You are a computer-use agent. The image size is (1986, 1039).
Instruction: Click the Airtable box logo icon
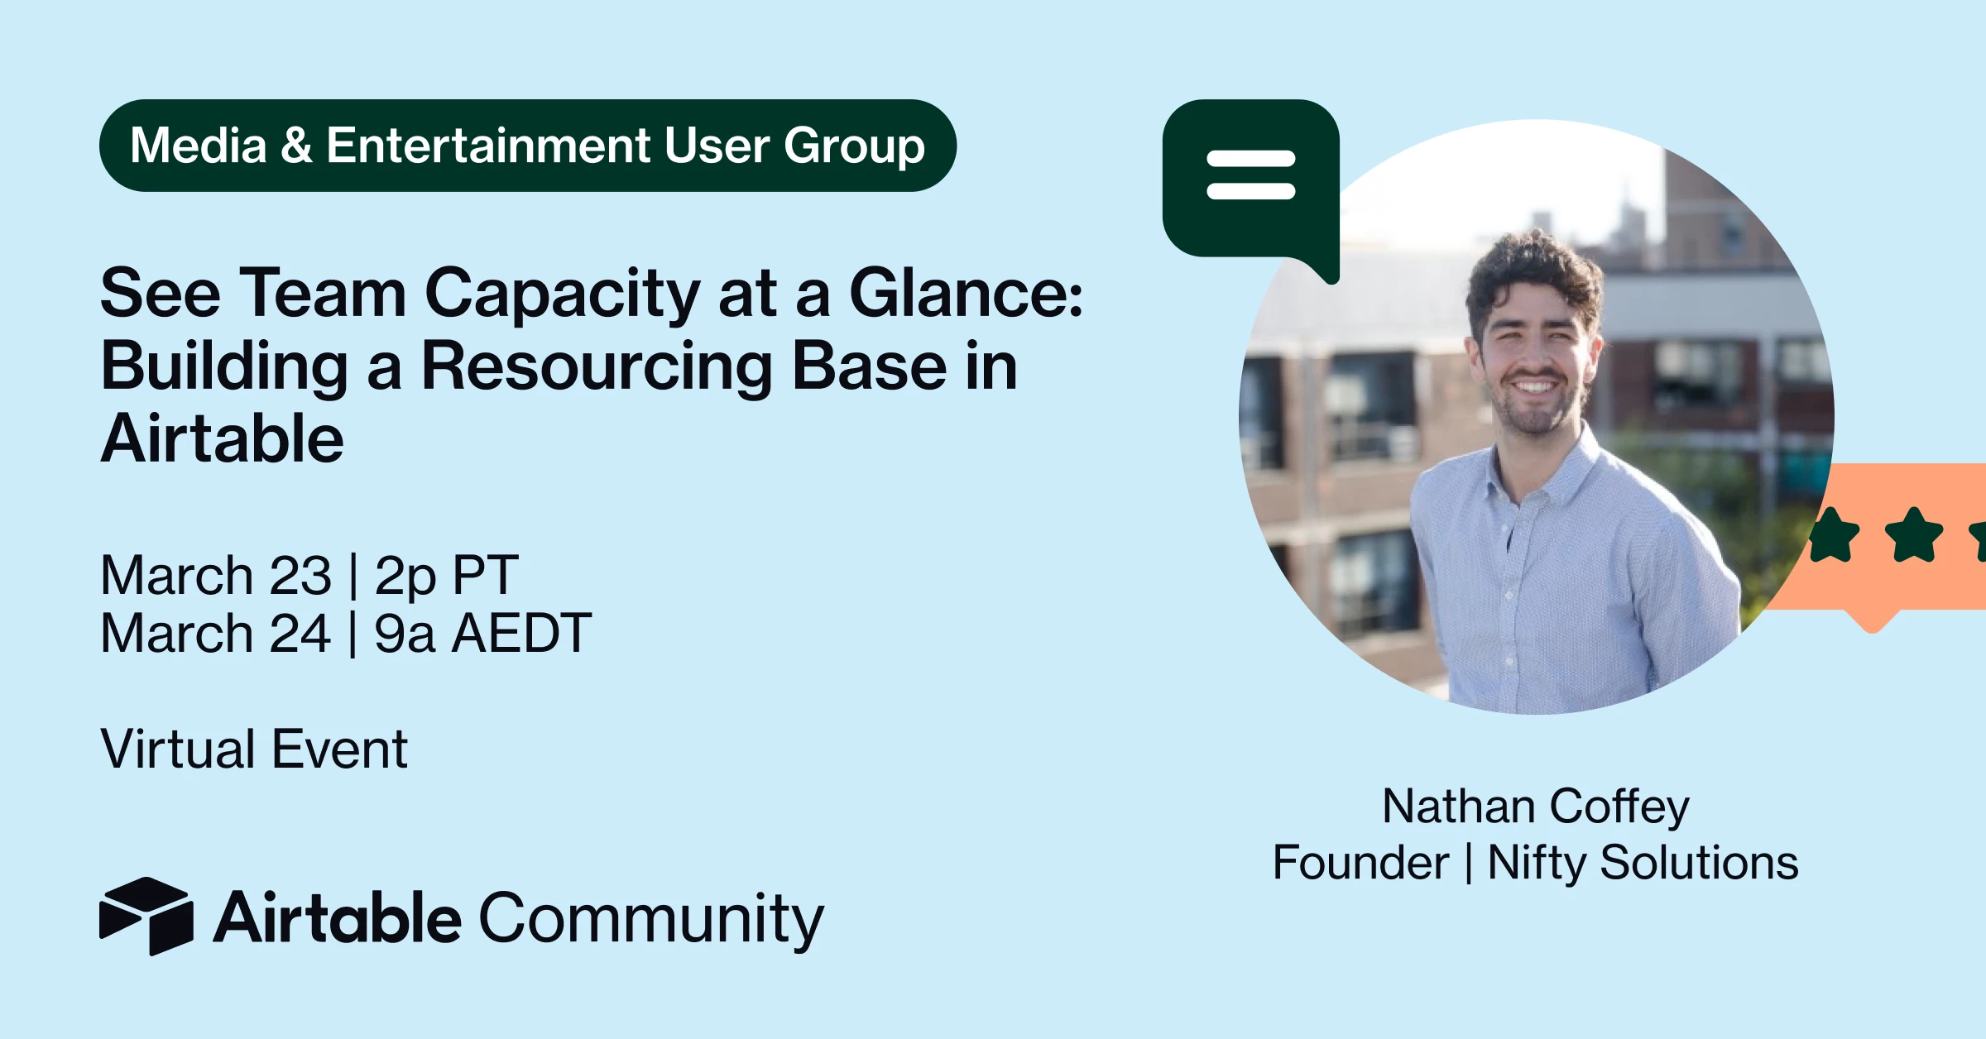click(146, 916)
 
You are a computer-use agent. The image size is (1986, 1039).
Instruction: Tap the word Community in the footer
click(652, 919)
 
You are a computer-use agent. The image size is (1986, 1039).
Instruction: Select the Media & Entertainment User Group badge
click(528, 146)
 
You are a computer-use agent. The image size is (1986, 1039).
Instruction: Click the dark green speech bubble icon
click(1250, 186)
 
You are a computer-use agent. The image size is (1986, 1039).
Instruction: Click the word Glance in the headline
click(966, 293)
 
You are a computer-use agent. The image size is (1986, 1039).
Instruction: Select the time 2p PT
click(447, 577)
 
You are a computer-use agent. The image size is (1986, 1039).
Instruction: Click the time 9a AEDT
click(482, 633)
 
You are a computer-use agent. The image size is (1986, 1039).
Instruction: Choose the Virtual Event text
click(254, 749)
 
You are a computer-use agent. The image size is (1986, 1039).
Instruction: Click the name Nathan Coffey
click(1536, 807)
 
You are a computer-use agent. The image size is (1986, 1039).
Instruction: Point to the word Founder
click(1360, 862)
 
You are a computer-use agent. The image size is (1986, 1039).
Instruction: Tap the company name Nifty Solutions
click(1643, 863)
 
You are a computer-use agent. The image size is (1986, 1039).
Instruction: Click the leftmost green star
click(1834, 536)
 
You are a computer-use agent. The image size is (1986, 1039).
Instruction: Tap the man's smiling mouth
click(1535, 386)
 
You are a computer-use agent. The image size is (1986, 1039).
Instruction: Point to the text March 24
click(216, 633)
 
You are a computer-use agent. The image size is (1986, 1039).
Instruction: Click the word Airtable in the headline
click(222, 439)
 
